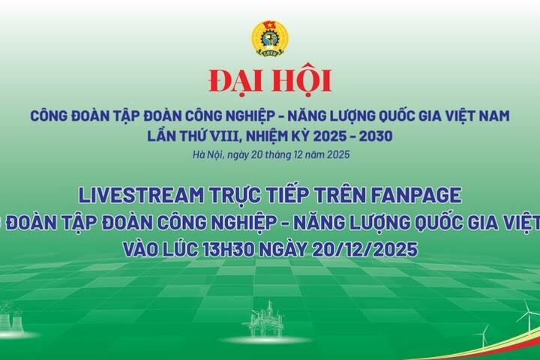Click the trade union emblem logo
click(270, 38)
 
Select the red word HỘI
click(300, 80)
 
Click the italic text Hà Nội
click(207, 155)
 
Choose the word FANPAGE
click(421, 195)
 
